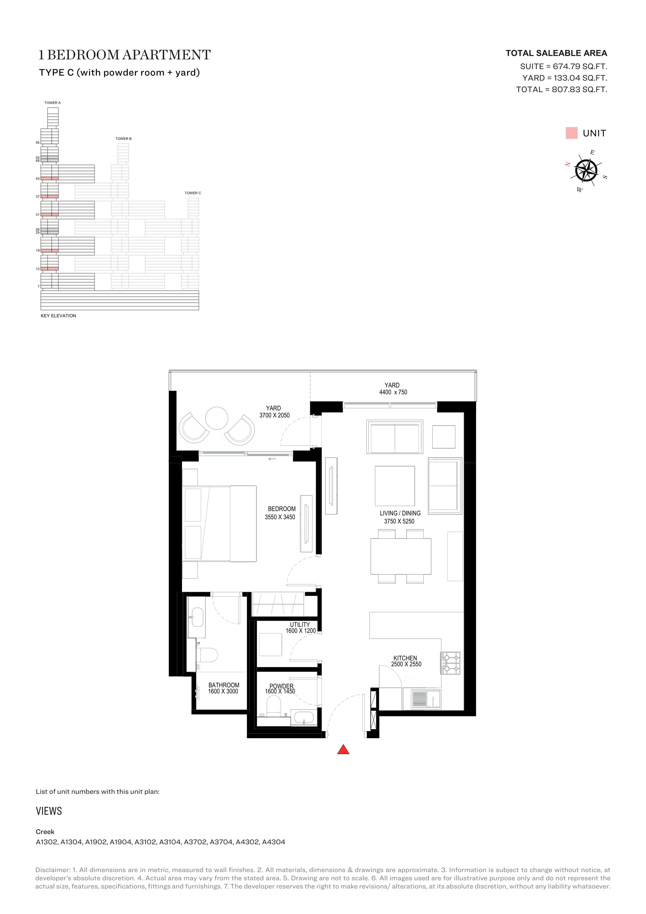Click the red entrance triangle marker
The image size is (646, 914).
[x=343, y=750]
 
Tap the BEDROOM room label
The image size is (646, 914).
[x=282, y=509]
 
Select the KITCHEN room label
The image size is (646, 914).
[x=405, y=658]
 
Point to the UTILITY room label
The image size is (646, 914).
[x=300, y=624]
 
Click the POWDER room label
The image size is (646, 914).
[x=281, y=686]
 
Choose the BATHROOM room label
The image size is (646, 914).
[x=224, y=685]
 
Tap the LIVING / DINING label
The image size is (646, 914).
[x=400, y=513]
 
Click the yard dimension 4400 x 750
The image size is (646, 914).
[x=393, y=392]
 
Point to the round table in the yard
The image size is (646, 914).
[x=217, y=418]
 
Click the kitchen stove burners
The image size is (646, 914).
[x=451, y=663]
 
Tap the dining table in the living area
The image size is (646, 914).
[x=401, y=556]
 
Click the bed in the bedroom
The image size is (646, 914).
[x=219, y=524]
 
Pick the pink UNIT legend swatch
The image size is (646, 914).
[x=571, y=133]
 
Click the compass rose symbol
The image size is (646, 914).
[x=586, y=170]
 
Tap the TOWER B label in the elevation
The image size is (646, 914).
[x=123, y=139]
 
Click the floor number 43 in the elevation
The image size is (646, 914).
[x=38, y=179]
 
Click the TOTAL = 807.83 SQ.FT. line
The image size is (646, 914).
[x=562, y=89]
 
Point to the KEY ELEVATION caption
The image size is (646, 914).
[x=59, y=316]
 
